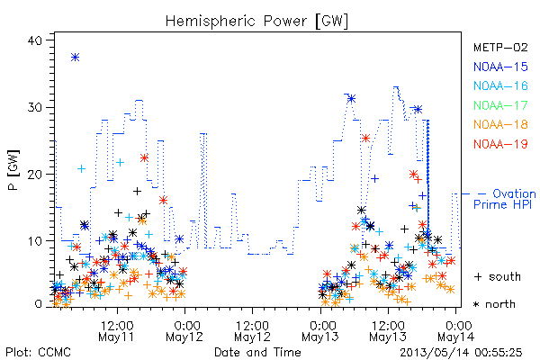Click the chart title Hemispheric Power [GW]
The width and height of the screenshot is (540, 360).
point(256,22)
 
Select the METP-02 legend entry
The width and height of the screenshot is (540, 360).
point(500,47)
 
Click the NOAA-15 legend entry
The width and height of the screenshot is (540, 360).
point(500,67)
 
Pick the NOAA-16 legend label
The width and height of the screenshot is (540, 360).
point(500,85)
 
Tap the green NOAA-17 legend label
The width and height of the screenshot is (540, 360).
point(500,105)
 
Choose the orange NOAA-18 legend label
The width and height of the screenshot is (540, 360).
point(500,124)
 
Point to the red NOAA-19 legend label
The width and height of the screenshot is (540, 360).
point(500,144)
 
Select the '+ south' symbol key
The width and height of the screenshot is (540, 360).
point(498,276)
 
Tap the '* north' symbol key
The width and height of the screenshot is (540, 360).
point(494,304)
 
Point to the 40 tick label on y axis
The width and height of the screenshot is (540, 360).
point(34,40)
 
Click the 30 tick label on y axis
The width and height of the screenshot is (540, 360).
point(34,107)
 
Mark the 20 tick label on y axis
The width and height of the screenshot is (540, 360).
point(34,175)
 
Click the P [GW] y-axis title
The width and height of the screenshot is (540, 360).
point(13,170)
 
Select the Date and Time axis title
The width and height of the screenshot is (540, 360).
point(257,352)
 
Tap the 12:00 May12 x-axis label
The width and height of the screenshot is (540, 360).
point(252,331)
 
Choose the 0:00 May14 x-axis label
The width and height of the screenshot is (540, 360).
point(456,331)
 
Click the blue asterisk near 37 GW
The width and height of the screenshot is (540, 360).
point(75,58)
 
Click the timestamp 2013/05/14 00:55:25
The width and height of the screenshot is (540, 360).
point(461,353)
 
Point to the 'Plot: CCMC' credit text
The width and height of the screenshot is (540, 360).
point(38,352)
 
